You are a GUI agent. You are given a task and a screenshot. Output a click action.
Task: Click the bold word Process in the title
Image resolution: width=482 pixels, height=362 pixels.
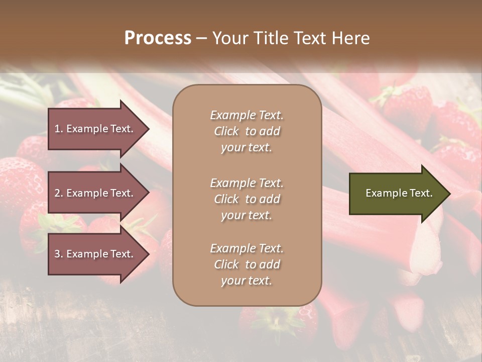pos(158,38)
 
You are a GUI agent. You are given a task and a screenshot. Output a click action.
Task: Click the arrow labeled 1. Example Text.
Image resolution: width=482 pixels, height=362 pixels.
pos(95,129)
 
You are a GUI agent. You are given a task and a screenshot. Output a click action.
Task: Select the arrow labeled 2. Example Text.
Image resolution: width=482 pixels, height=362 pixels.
pos(95,193)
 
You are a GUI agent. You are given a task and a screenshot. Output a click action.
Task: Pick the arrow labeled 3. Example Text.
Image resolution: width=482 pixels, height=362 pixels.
pos(95,254)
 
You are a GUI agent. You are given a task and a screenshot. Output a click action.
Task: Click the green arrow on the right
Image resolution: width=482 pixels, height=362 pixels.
pos(397,194)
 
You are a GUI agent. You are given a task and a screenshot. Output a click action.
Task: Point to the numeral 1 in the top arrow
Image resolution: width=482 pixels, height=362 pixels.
pos(57,129)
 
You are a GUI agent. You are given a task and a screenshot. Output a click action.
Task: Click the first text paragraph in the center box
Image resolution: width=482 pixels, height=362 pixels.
pos(247,131)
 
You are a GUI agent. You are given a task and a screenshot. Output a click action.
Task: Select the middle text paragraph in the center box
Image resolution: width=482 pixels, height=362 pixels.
pos(247,199)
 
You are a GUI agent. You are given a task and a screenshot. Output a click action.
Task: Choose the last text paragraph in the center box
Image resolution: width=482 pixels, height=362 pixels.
pos(247,264)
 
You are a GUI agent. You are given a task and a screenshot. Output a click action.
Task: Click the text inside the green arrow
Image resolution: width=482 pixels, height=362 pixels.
pos(399,193)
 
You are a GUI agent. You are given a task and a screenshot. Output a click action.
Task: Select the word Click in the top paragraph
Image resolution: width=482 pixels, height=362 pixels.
pos(226,131)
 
